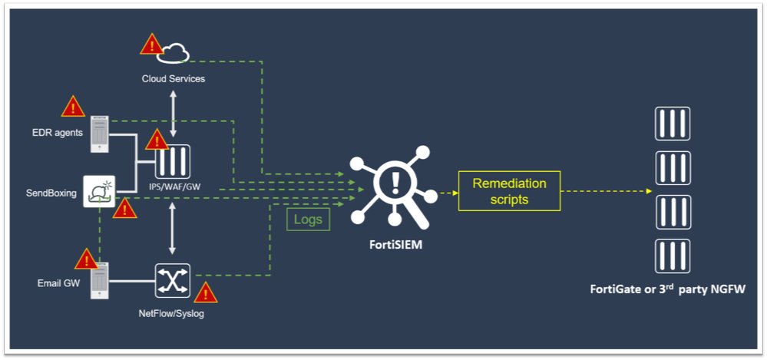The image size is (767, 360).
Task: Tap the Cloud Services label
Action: [x=174, y=79]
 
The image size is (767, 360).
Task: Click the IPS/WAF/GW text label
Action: [x=173, y=187]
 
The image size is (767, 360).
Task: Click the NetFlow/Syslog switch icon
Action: [x=172, y=279]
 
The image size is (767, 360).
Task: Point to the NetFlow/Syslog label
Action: [x=173, y=313]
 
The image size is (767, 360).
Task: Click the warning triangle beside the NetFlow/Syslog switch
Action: [x=204, y=292]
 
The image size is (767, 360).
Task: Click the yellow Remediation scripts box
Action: [x=509, y=190]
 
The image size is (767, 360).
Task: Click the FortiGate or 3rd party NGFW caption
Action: [x=673, y=289]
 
